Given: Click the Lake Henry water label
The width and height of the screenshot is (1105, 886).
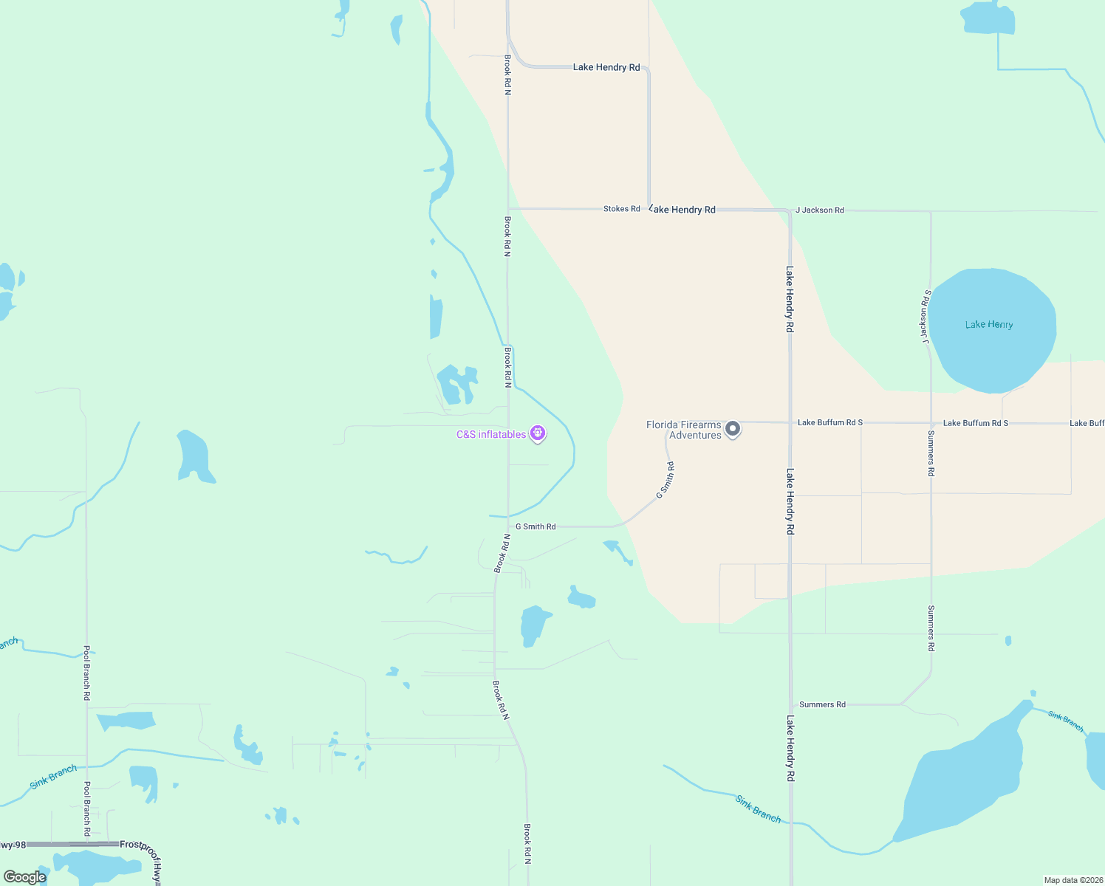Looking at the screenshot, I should pos(988,324).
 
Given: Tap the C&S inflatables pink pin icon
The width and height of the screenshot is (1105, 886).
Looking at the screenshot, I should pos(538,433).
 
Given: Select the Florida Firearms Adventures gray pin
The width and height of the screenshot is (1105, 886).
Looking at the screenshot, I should pos(732,429).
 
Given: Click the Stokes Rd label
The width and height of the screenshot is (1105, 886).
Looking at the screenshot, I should pos(621,209).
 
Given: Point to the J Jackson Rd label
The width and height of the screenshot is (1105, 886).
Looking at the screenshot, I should pos(819,210).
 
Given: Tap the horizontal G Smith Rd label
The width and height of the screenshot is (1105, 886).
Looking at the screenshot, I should pos(536,526).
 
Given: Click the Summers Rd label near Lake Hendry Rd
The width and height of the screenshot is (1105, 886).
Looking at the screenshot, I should pos(822,704).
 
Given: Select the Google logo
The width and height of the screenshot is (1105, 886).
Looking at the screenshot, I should pos(25,877).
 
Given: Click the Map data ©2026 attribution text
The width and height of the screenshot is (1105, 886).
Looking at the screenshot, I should pos(1072,880).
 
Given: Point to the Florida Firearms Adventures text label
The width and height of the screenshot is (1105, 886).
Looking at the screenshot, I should pos(684,430).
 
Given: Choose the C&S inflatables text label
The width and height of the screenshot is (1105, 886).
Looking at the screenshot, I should pos(491,434).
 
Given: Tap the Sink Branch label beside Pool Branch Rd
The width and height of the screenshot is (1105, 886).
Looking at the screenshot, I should pos(53,777).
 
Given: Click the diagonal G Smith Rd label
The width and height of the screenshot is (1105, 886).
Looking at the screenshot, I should pos(666,480).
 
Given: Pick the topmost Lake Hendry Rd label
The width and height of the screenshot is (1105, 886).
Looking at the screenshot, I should pos(606,67).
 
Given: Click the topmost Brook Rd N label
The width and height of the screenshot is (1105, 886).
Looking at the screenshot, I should pos(507,75).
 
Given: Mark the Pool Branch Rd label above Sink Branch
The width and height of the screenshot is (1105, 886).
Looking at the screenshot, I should pos(86,673).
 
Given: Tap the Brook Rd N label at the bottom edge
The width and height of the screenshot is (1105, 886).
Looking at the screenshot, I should pos(527,844).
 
